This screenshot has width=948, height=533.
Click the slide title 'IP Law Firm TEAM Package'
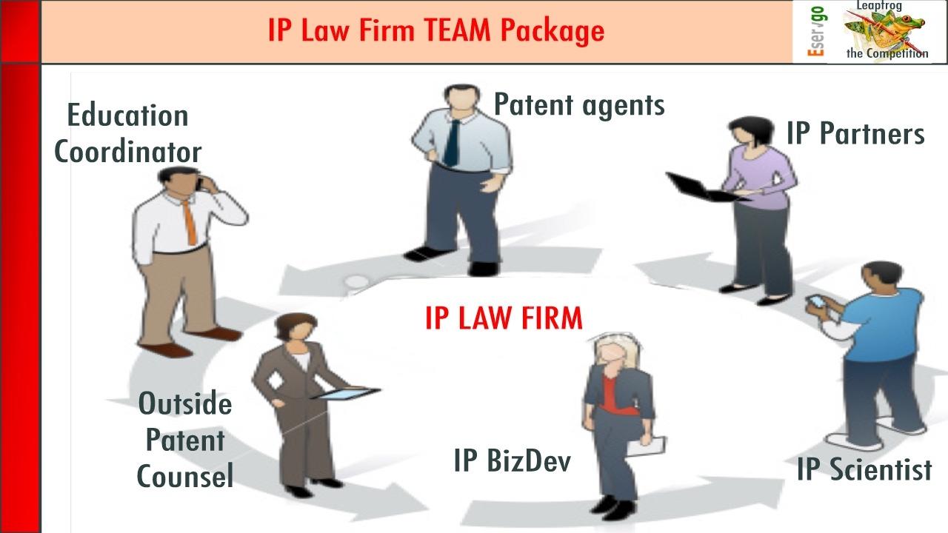point(435,31)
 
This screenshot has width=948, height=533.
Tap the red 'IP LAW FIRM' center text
point(504,318)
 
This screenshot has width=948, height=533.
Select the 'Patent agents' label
point(579,105)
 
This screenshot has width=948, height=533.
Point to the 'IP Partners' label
point(855,134)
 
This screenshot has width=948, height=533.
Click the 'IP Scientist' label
point(864,469)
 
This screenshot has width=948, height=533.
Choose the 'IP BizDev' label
point(513,460)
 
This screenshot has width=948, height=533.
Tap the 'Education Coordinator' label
point(127,134)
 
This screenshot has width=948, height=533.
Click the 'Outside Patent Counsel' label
point(185,440)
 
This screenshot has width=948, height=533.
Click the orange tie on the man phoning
point(190,222)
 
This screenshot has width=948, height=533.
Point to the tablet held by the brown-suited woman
point(344,394)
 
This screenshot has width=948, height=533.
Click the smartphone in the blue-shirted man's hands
point(815,302)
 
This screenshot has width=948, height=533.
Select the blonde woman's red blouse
point(609,392)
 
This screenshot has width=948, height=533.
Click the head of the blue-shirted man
point(881,279)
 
